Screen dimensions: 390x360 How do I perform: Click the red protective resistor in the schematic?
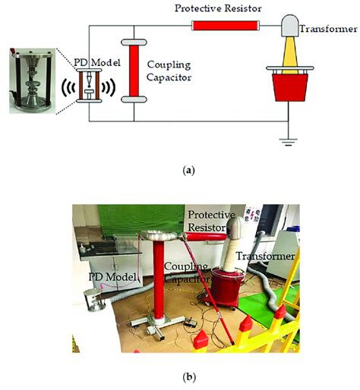[224, 26]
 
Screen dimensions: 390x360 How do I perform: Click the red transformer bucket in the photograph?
[226, 288]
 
